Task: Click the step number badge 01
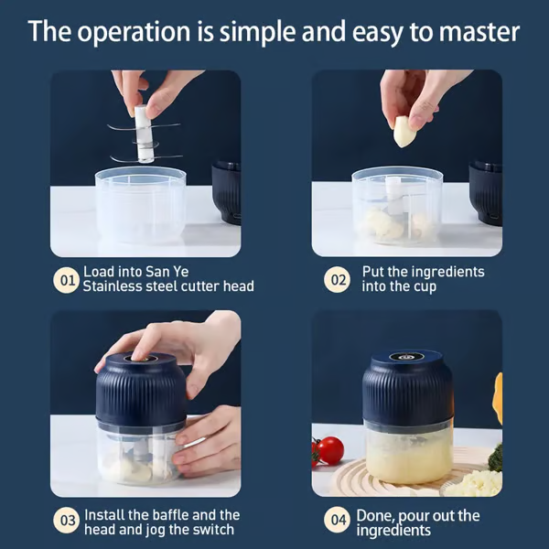[x=67, y=280]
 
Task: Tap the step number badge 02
[x=339, y=280]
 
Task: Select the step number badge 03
[x=67, y=522]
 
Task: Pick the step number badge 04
[x=339, y=522]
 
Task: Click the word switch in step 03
[x=214, y=530]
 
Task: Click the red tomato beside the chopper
[x=330, y=449]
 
